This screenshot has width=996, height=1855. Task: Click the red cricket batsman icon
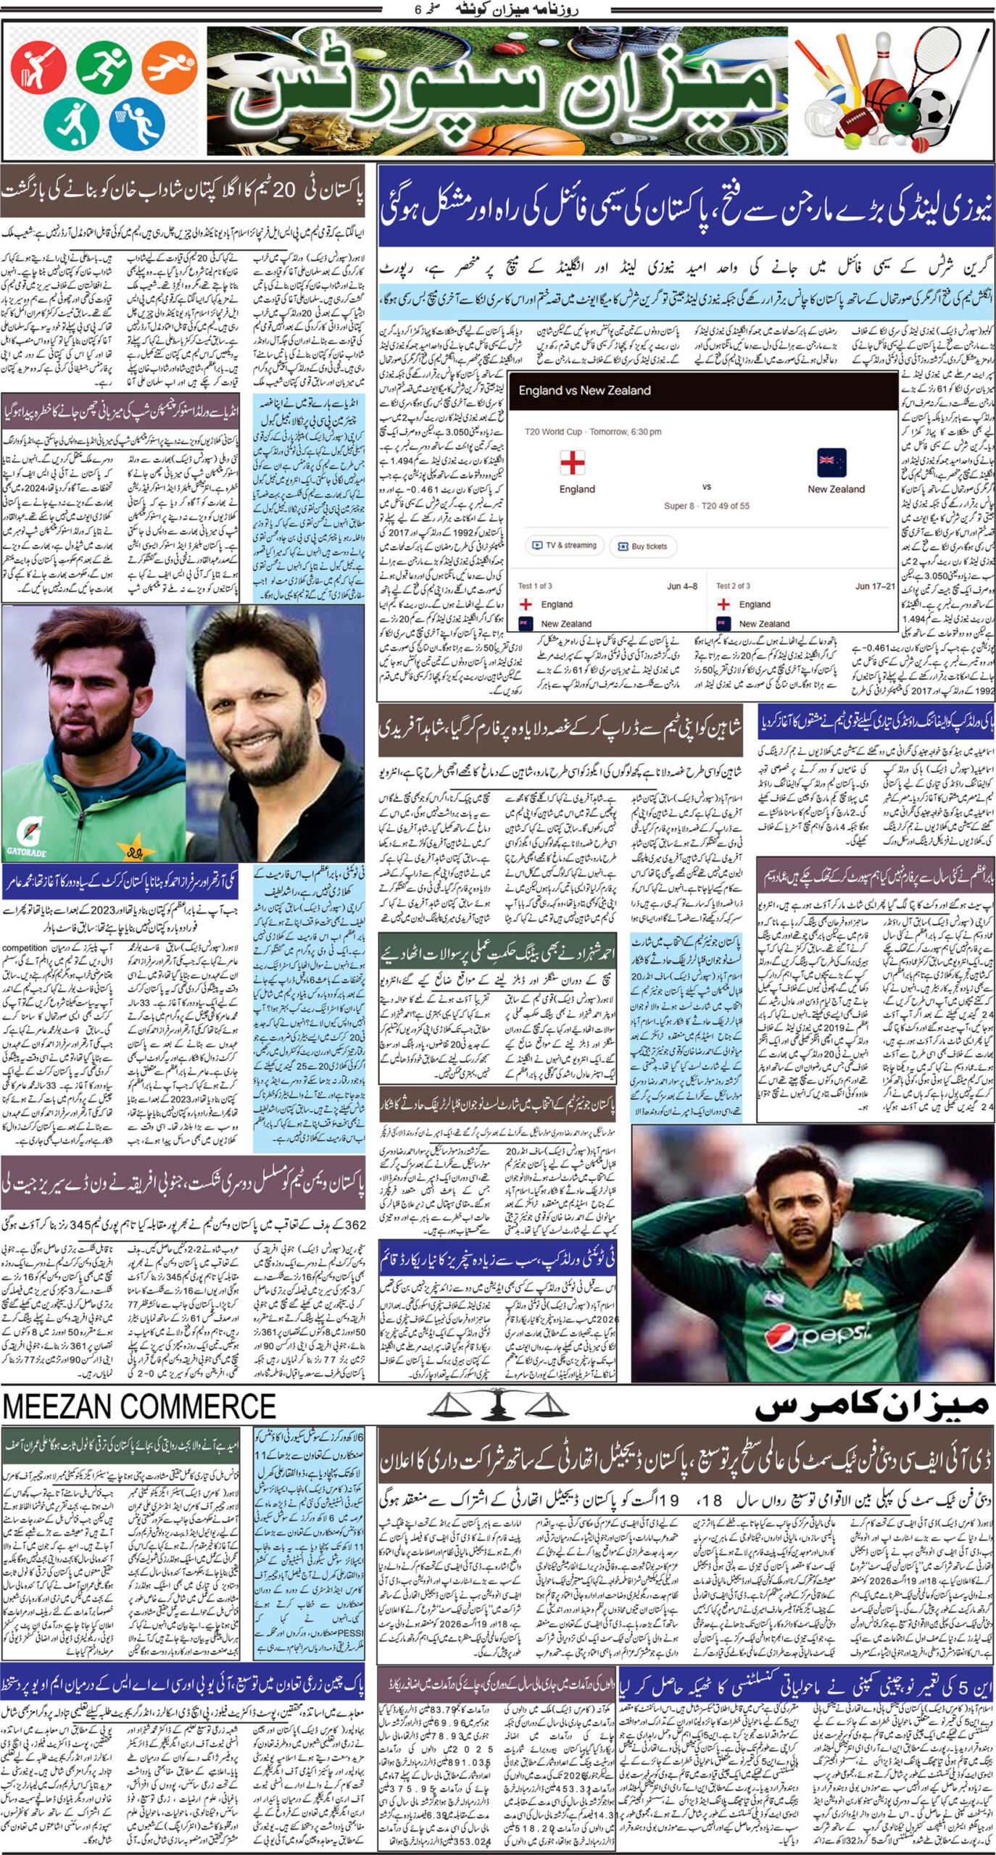click(38, 67)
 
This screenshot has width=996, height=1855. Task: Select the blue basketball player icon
click(138, 120)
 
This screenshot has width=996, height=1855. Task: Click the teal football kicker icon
click(71, 122)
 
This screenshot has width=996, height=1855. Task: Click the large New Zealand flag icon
click(830, 462)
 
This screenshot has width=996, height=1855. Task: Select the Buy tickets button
click(642, 546)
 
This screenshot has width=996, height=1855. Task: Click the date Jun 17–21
click(875, 585)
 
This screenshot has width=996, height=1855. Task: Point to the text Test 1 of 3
click(535, 585)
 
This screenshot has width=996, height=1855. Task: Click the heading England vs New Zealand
click(584, 391)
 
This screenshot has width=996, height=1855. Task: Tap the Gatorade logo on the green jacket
click(26, 850)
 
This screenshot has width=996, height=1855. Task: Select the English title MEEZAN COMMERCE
click(139, 1406)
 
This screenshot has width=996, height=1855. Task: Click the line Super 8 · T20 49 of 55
click(706, 506)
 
